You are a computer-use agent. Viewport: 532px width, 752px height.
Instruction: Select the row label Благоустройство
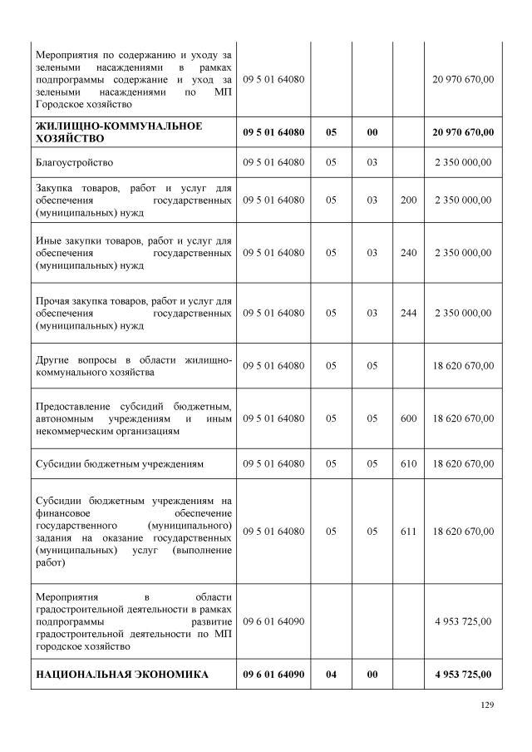pos(75,161)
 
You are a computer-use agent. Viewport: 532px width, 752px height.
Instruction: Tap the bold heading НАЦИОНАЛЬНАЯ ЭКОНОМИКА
pos(121,674)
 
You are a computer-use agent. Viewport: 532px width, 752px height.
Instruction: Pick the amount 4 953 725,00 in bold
pos(463,674)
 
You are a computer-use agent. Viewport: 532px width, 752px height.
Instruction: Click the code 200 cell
pos(408,200)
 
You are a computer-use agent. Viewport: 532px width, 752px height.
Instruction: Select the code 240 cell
pos(408,253)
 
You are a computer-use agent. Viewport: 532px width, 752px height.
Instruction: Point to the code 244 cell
pos(408,313)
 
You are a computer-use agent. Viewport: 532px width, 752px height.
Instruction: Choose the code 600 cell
pos(408,418)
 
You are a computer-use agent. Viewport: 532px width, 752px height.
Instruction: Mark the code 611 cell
pos(408,529)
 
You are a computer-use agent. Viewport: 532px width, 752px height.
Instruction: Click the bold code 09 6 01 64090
pos(273,674)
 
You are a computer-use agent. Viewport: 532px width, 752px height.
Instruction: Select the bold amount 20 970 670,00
pos(463,131)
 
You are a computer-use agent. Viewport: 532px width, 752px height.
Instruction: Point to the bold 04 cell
pos(331,674)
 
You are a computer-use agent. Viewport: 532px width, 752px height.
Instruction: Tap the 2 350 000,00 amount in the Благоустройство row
pos(463,161)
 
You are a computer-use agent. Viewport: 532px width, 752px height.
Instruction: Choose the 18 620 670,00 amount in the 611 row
pos(463,529)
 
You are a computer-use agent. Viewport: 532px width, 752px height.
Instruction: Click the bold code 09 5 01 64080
pos(273,131)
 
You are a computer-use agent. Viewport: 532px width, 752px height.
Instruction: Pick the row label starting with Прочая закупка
pos(133,313)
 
